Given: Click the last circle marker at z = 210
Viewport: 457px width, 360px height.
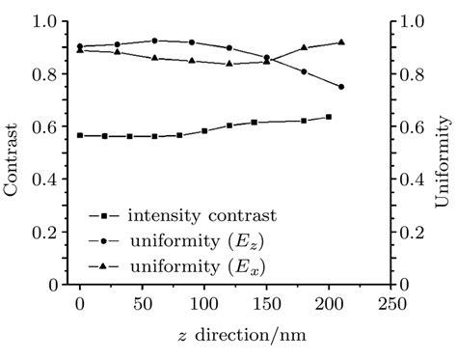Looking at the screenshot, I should (341, 87).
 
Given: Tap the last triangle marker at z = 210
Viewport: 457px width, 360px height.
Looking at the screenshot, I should (341, 42).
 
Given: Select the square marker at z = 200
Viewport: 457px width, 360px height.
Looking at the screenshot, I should (329, 117).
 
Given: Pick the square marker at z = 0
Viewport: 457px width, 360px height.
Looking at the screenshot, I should (80, 135).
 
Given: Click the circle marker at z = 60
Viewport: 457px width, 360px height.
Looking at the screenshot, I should (154, 41).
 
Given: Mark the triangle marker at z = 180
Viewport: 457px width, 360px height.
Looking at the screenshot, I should (304, 47).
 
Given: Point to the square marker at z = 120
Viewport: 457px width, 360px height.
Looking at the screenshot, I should (228, 125).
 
